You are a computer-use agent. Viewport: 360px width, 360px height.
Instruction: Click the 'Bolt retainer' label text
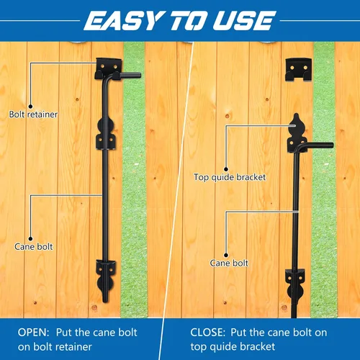coord(33,114)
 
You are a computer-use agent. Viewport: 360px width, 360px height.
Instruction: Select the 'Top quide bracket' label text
coord(230,177)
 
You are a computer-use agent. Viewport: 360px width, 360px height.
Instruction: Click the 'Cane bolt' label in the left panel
coord(34,247)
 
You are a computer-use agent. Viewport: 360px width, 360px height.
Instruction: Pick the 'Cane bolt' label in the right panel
coord(229,263)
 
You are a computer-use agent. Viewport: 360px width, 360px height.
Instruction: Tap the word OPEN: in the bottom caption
coord(33,333)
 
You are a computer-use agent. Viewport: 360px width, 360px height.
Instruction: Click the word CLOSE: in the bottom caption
coord(208,333)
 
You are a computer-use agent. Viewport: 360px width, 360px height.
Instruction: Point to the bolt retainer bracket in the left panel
coord(109,68)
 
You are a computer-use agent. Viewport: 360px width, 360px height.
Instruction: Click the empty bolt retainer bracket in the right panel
coord(298,70)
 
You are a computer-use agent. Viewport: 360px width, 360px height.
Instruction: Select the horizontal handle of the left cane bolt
coord(127,76)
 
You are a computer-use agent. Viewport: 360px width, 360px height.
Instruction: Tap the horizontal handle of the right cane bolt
coord(317,145)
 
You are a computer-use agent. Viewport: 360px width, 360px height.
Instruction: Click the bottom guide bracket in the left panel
coord(106,276)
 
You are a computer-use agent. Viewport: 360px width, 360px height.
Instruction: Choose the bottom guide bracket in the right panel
coord(294,284)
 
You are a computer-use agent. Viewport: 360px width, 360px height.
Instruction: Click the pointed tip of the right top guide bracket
coord(297,114)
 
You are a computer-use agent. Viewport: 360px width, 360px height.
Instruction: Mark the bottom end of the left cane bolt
coord(105,301)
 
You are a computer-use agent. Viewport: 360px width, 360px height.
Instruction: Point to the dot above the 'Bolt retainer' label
coord(30,107)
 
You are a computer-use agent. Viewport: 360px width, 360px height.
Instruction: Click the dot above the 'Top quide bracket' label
coord(226,169)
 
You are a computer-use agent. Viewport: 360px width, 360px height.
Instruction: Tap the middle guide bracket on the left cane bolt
coord(106,133)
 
